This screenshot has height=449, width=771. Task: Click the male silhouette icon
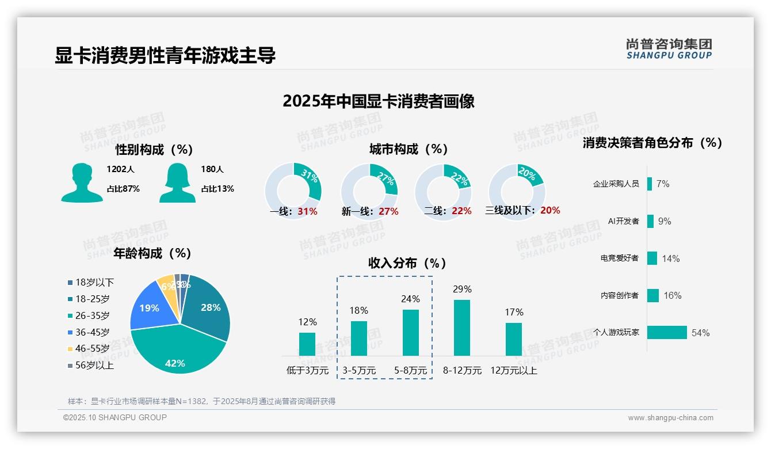82,183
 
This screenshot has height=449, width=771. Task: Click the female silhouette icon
177,183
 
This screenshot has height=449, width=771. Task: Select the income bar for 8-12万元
462,327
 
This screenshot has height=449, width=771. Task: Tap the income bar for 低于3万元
307,344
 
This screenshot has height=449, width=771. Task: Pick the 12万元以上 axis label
513,371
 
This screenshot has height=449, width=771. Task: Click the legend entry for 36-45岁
92,332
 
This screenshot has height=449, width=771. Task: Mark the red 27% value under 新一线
388,211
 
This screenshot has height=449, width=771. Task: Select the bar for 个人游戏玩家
667,332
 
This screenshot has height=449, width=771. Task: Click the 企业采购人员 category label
616,184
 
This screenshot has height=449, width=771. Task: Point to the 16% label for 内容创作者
672,295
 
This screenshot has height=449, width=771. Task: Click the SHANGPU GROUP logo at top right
669,49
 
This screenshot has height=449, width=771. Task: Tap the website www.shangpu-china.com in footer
670,418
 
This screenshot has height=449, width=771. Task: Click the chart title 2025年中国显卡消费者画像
378,101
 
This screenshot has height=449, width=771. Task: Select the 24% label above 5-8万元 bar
410,299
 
